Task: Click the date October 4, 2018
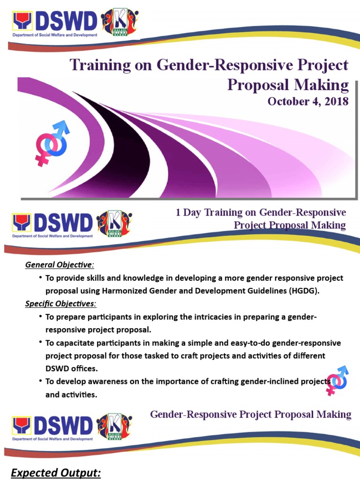click(x=308, y=101)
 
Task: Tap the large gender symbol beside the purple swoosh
click(x=50, y=142)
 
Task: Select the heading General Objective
click(x=59, y=265)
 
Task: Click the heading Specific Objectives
click(x=60, y=304)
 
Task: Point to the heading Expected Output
click(x=56, y=473)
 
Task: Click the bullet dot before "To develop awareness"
click(x=41, y=381)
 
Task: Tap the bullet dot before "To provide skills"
click(x=41, y=277)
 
